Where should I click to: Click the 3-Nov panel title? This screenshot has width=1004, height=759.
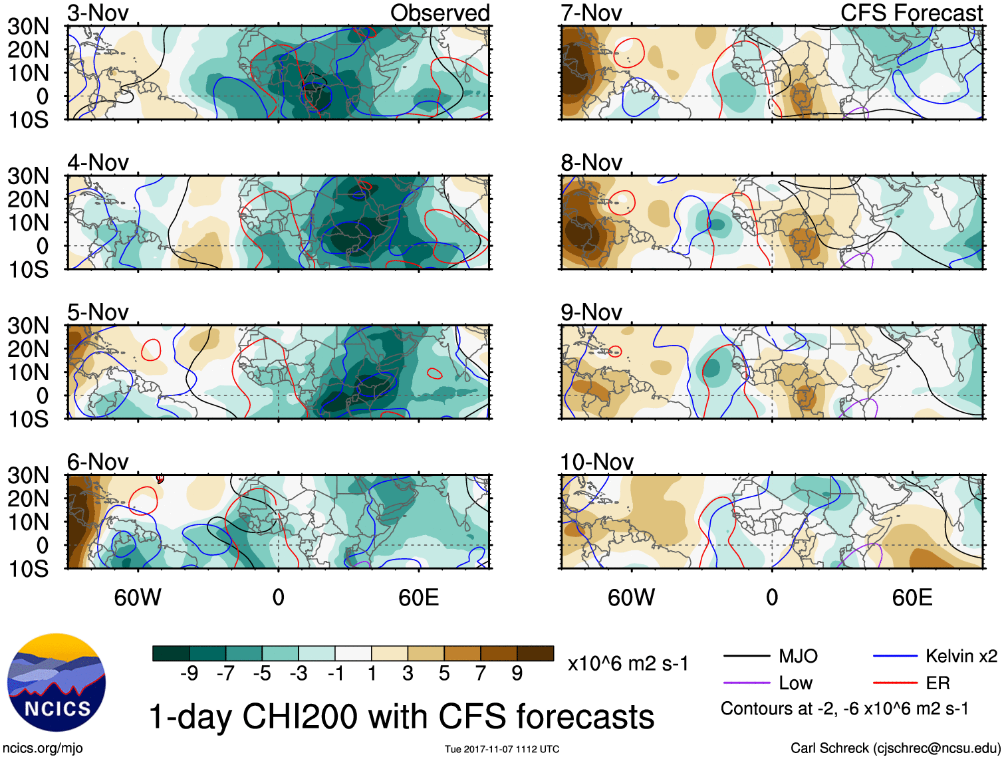click(98, 13)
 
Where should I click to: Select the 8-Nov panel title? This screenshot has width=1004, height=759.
click(591, 163)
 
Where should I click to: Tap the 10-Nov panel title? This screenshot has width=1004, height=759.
click(596, 462)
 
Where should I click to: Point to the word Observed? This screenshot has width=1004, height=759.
click(439, 13)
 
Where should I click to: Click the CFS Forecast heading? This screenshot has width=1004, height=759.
click(911, 13)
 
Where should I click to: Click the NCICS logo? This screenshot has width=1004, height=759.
click(57, 683)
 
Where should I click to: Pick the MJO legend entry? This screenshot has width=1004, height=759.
click(798, 657)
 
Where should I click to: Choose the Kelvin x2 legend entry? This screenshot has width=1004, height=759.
click(961, 657)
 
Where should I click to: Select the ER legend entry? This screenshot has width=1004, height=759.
click(938, 683)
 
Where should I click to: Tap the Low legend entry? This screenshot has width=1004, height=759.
click(795, 683)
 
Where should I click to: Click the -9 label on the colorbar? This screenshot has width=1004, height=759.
click(189, 674)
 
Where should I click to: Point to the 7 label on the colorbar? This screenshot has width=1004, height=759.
click(481, 674)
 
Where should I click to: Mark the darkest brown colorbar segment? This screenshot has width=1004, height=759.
click(535, 653)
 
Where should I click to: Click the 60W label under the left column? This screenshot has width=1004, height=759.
click(138, 597)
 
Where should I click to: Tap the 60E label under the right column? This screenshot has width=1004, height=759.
click(912, 597)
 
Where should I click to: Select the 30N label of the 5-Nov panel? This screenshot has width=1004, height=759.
click(28, 326)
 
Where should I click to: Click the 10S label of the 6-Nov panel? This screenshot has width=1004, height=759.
click(28, 569)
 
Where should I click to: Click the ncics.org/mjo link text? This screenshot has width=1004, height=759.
click(43, 748)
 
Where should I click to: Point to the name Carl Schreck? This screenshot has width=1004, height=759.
click(829, 748)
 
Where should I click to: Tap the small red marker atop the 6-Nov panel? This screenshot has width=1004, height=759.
click(160, 478)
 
